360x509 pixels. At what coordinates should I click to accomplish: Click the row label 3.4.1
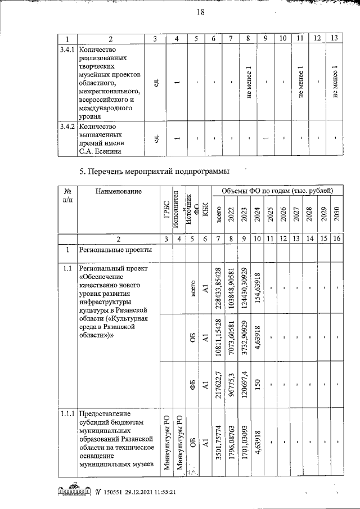pyautogui.click(x=67, y=49)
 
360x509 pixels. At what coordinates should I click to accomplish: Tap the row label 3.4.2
pyautogui.click(x=67, y=127)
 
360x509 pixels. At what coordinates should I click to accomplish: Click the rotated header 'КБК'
pyautogui.click(x=206, y=210)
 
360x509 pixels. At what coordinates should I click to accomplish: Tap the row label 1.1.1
pyautogui.click(x=67, y=415)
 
